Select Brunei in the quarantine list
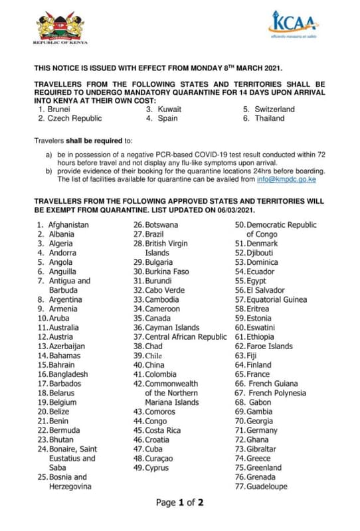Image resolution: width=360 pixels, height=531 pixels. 59,109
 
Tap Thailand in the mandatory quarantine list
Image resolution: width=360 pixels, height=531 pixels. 268,118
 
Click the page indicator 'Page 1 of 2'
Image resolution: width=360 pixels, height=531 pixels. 179,502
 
